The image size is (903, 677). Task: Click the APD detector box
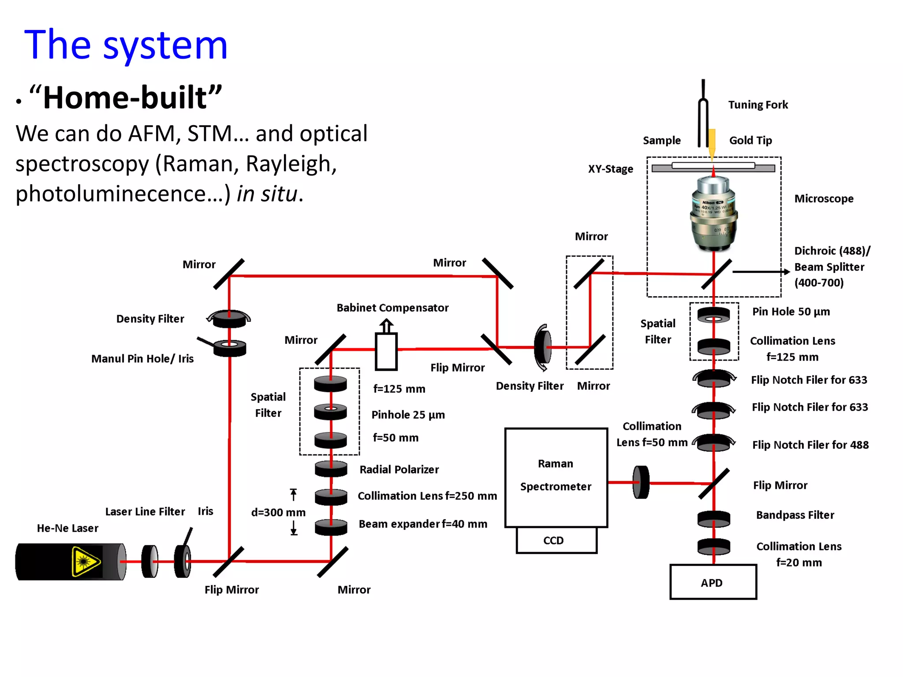point(713,582)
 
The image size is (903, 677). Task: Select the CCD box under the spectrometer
point(556,540)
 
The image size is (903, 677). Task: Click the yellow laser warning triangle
point(85,562)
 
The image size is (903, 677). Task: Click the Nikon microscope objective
point(713,214)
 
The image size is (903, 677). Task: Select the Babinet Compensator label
point(392,308)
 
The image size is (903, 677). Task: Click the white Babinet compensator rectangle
point(386,351)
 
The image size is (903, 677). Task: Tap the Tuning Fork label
point(757,105)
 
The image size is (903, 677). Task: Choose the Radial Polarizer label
point(399,469)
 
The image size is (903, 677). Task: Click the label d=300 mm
point(278,512)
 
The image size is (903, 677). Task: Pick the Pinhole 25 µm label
point(408,415)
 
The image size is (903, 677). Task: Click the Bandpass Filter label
point(795,515)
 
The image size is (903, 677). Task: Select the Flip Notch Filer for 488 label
point(810,445)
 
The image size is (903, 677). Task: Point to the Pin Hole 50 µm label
point(791,312)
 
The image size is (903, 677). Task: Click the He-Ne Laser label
point(67,528)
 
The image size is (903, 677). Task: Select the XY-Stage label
point(610,169)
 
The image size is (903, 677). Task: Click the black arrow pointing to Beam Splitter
point(761,272)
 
